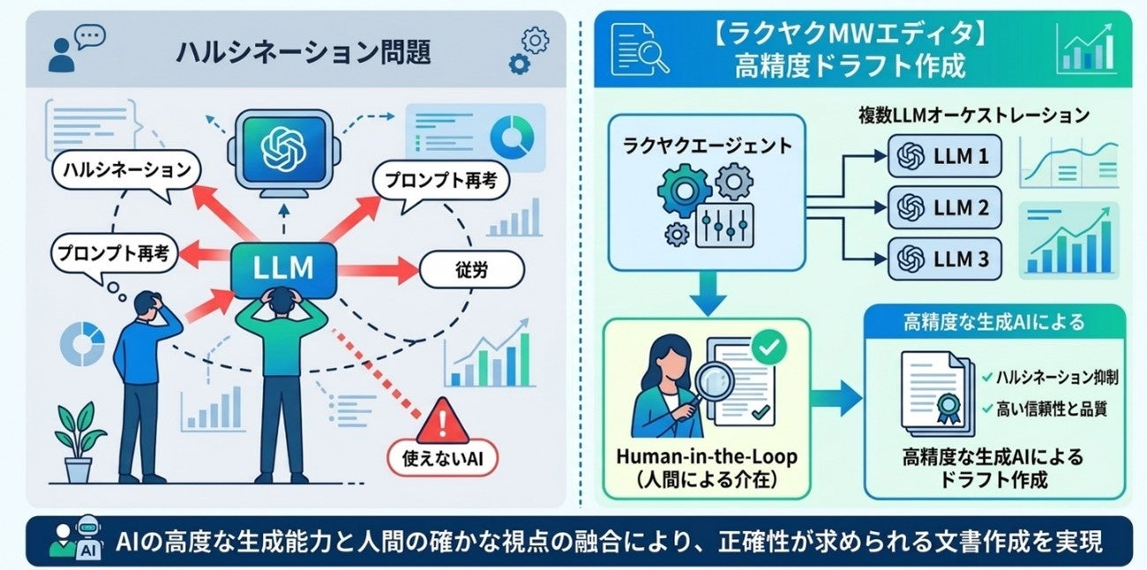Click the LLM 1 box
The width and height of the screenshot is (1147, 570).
coord(944,156)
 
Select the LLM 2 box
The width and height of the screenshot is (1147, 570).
coord(944,207)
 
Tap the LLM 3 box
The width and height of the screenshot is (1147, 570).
coord(944,259)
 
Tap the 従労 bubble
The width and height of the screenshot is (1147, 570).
coord(470,270)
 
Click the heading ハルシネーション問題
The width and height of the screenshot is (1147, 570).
coord(303,54)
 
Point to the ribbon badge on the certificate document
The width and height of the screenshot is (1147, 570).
coord(948,407)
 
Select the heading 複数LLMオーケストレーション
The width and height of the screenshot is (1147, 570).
coord(973,116)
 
